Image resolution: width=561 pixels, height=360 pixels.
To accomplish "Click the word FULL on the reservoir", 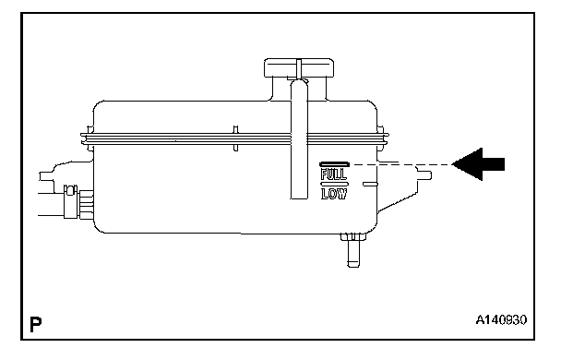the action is [x=333, y=174].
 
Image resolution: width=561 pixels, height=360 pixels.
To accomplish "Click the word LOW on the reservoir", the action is [x=333, y=194].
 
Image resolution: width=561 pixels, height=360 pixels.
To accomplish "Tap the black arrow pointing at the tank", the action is [x=478, y=164].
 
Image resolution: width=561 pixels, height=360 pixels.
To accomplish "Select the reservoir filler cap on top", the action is [x=299, y=67].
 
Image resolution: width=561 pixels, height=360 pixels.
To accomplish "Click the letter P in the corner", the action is [x=35, y=324].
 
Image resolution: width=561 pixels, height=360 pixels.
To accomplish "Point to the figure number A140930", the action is [x=501, y=319].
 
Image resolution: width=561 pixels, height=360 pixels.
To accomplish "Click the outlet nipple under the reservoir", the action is [x=353, y=250].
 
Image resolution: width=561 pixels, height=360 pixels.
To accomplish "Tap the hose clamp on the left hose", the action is [x=70, y=201].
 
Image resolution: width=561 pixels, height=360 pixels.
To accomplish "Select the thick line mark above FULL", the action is [x=334, y=164].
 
